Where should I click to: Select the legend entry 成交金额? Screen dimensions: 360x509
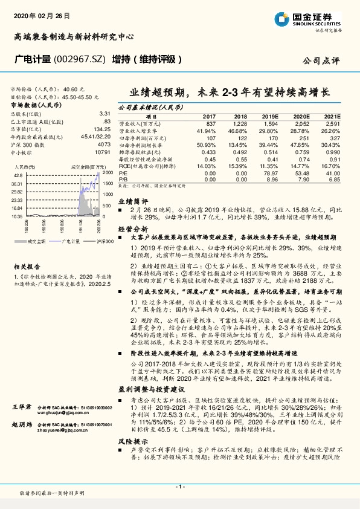(x=37, y=241)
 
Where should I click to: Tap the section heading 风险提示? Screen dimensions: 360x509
(x=132, y=441)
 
